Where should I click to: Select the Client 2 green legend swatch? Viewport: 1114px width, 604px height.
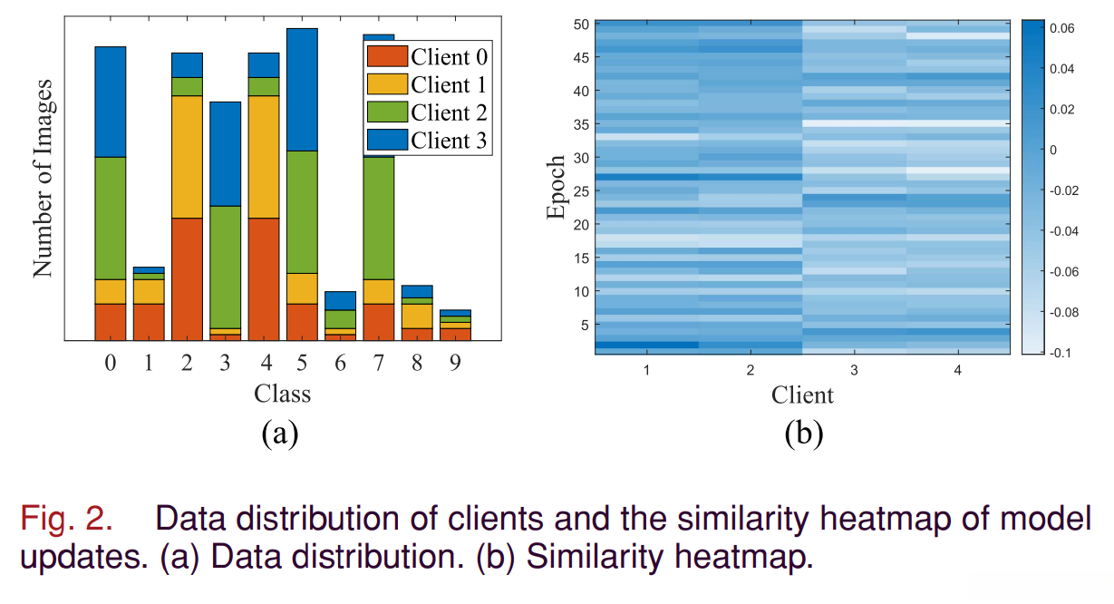(387, 112)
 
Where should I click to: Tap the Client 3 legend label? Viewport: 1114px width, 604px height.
(449, 141)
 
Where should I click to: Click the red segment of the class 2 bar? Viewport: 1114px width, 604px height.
(187, 279)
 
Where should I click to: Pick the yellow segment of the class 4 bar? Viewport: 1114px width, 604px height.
(264, 156)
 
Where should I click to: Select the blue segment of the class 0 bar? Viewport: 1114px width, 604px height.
(111, 102)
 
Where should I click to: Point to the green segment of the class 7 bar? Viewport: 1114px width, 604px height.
(379, 218)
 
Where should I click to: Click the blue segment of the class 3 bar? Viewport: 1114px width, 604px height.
(226, 153)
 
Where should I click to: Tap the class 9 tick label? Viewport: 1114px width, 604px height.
(455, 364)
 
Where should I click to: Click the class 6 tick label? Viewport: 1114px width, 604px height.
(340, 364)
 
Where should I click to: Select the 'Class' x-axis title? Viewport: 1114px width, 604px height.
(282, 394)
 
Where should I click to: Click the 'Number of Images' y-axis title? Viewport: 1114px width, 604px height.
(44, 178)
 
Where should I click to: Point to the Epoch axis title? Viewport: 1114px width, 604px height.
(556, 188)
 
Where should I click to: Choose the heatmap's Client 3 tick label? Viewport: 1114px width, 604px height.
(854, 370)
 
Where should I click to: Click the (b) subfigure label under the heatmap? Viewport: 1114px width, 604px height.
(803, 433)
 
